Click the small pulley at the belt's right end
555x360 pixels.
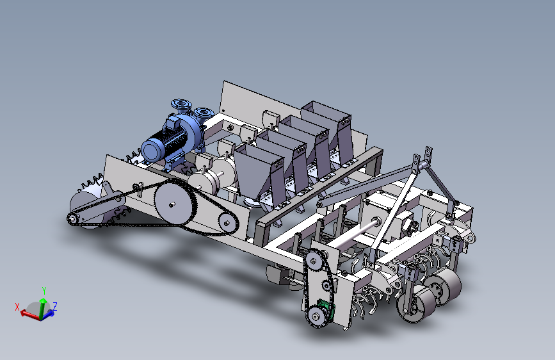(x=227, y=223)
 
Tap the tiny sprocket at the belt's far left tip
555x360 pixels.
(x=72, y=218)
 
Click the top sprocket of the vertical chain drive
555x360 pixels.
(x=314, y=261)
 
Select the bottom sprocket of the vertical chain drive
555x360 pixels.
(x=314, y=315)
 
